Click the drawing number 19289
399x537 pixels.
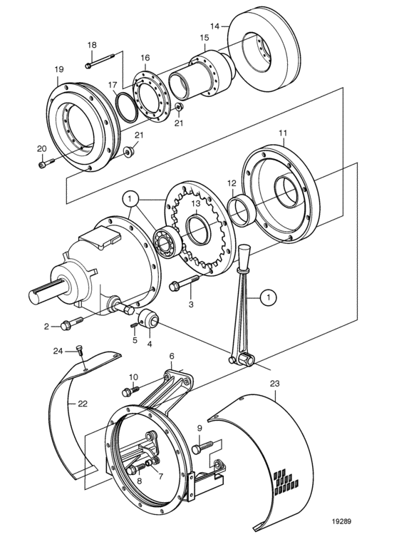point(341,521)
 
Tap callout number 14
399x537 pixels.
point(214,26)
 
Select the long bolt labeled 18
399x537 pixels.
point(103,61)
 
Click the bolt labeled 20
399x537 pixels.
point(46,163)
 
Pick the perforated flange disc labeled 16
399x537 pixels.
point(150,96)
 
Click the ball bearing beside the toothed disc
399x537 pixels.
point(165,242)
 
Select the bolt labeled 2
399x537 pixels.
point(71,322)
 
